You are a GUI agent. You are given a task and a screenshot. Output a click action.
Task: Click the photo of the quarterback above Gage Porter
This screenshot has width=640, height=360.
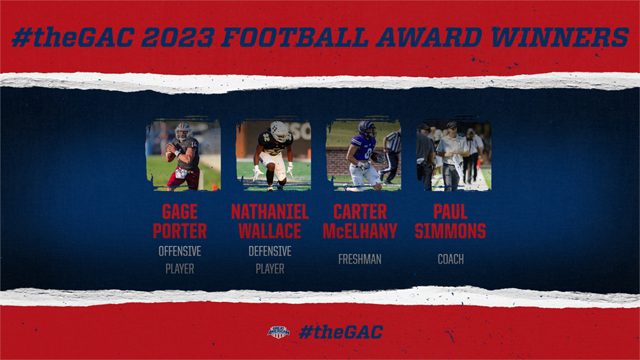183,156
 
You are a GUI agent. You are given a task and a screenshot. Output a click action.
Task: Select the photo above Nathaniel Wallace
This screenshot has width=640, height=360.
273,156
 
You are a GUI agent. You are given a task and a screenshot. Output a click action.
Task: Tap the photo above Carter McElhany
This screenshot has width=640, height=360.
363,156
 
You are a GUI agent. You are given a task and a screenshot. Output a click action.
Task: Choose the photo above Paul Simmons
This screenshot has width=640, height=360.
454,156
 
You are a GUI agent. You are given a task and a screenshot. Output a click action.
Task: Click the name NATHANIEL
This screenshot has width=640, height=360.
270,211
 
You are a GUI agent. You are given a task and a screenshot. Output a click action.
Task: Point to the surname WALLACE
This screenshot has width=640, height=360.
270,230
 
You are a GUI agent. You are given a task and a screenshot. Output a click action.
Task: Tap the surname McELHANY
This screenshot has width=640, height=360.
360,230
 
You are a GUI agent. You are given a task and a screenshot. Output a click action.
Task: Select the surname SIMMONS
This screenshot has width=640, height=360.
450,230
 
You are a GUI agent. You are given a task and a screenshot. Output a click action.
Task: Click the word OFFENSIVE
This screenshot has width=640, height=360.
180,251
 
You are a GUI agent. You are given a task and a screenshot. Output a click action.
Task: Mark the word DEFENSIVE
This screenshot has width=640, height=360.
270,251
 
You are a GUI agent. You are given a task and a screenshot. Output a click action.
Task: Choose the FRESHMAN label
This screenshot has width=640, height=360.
360,260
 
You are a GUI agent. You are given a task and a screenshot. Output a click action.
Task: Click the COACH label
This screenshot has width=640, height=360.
450,260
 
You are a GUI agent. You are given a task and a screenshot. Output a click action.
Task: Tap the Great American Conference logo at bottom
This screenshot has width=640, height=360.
278,332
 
